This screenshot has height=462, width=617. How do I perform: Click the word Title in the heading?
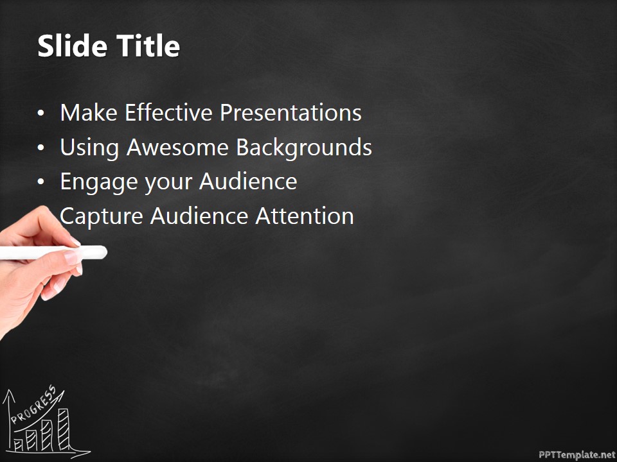pos(148,47)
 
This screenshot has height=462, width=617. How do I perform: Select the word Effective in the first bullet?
pos(169,113)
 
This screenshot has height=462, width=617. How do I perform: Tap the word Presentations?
pos(291,113)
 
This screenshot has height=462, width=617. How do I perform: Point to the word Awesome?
pos(178,148)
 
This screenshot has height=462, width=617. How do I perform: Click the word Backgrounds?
pos(304,148)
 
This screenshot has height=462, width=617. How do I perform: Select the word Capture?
pos(102,216)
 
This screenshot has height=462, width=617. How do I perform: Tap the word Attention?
pos(305,216)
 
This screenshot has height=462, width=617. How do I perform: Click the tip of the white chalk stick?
pos(103,253)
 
